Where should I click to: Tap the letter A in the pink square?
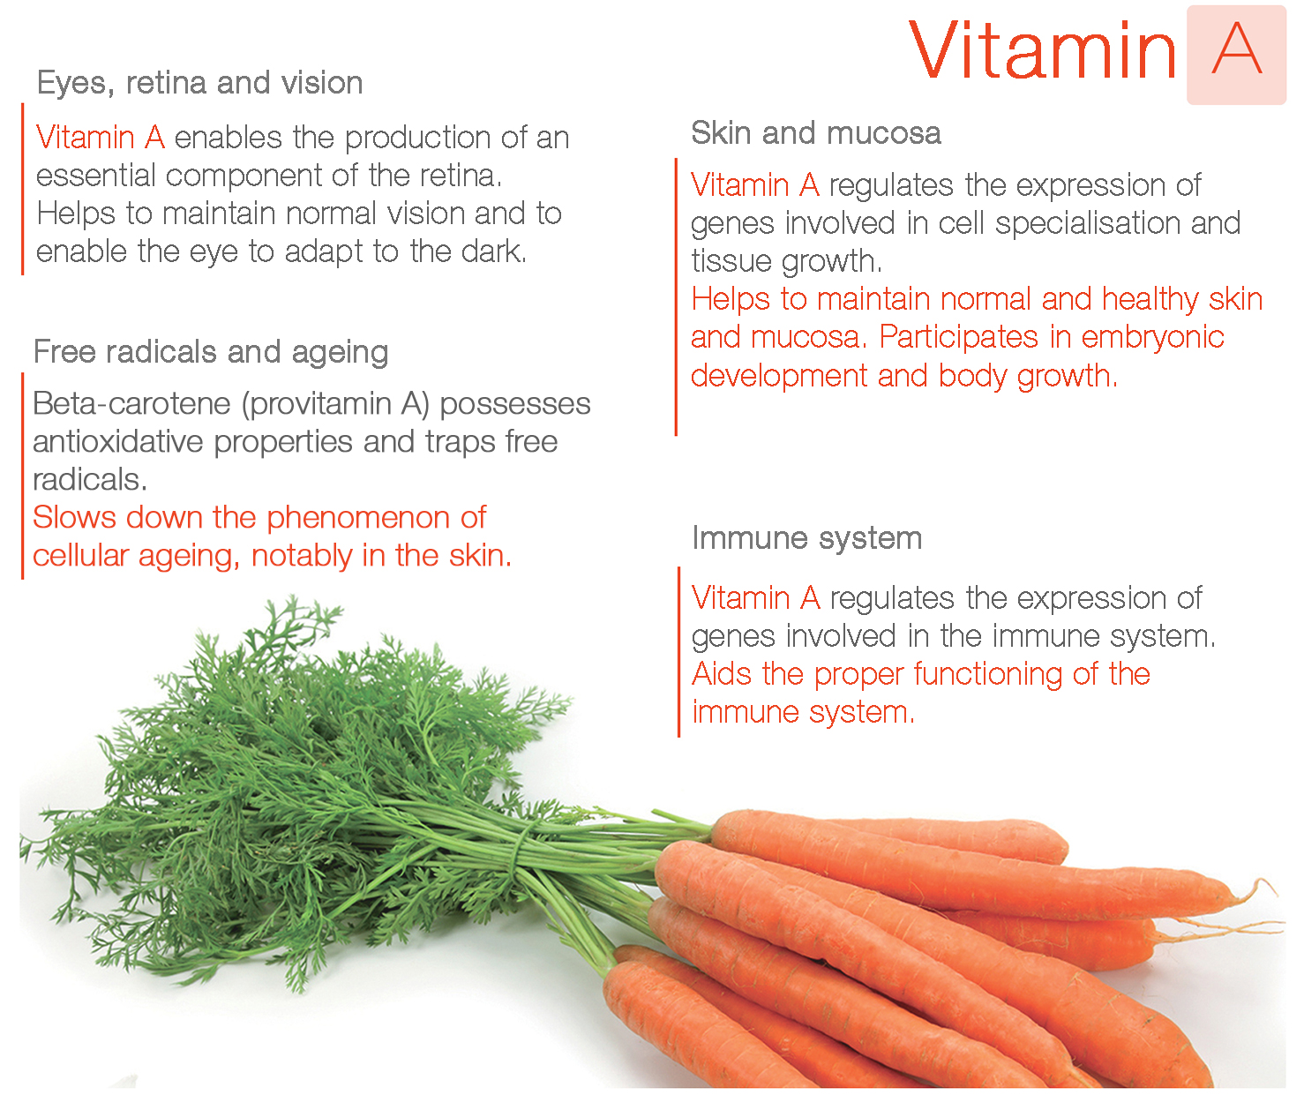(x=1236, y=49)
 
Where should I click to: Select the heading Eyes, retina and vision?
(x=200, y=83)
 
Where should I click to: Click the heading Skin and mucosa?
(x=816, y=133)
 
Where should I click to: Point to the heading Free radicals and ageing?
(x=211, y=352)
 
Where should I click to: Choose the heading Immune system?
(x=807, y=539)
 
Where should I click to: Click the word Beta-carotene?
(x=131, y=404)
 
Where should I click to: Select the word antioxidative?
(x=118, y=442)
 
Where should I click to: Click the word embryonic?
(x=1152, y=338)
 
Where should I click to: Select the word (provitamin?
(x=318, y=405)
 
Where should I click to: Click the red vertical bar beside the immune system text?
(x=678, y=652)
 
